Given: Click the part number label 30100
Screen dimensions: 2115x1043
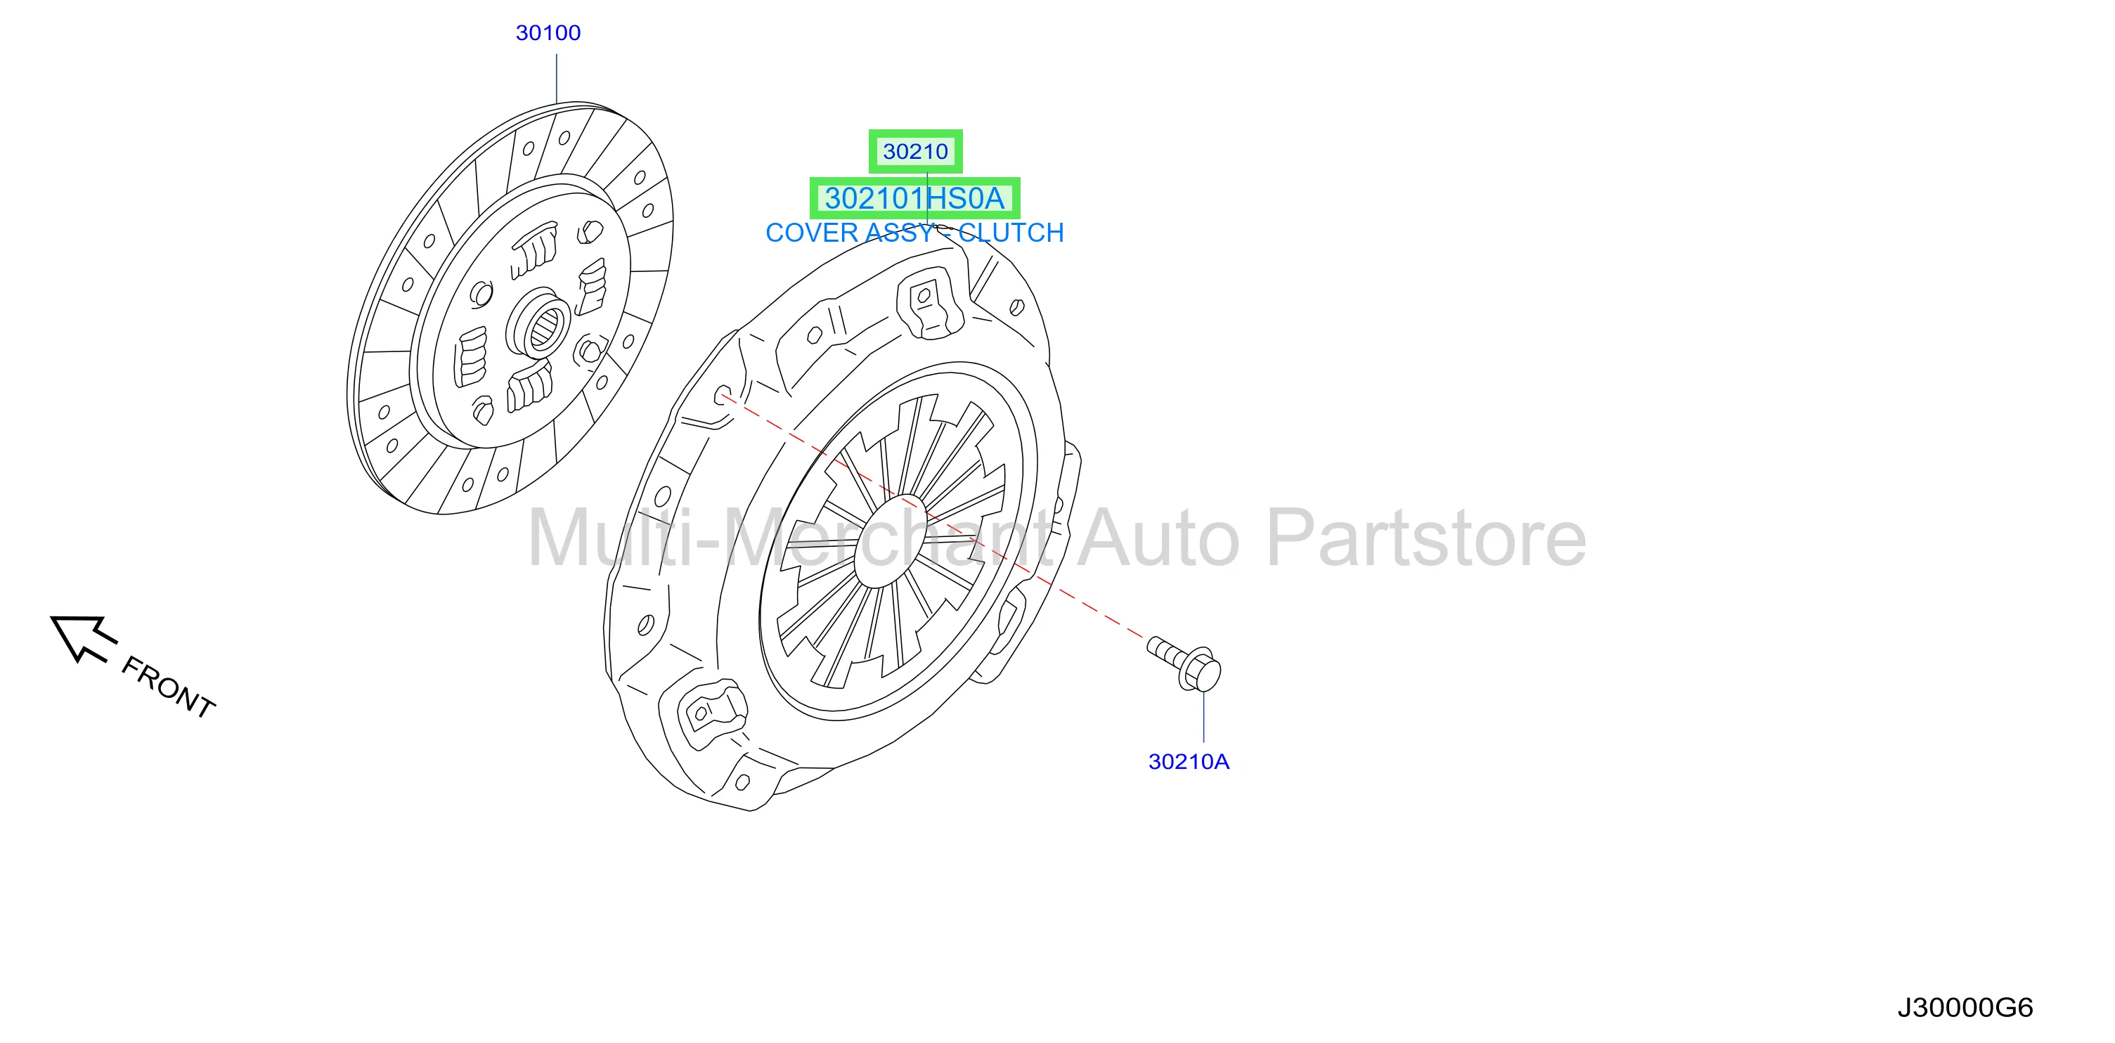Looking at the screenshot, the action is point(548,33).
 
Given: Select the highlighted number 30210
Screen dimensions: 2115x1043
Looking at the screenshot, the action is point(915,151).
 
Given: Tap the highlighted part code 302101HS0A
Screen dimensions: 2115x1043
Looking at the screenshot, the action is point(914,199).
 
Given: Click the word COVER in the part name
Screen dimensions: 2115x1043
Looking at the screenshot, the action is point(813,233).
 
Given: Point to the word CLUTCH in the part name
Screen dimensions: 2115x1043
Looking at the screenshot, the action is point(1011,233).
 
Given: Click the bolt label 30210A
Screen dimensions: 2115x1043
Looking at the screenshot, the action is point(1189,762).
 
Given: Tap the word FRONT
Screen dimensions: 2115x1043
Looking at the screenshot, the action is point(168,688).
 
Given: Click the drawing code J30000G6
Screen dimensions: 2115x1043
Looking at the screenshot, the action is point(1965,1008).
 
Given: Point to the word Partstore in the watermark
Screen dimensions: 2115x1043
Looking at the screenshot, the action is point(1427,538).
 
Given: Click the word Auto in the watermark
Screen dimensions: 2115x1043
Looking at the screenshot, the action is point(1158,538).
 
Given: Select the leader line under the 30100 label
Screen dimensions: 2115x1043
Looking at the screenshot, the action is point(557,79).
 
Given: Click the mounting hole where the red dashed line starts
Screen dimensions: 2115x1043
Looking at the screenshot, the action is point(723,395).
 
